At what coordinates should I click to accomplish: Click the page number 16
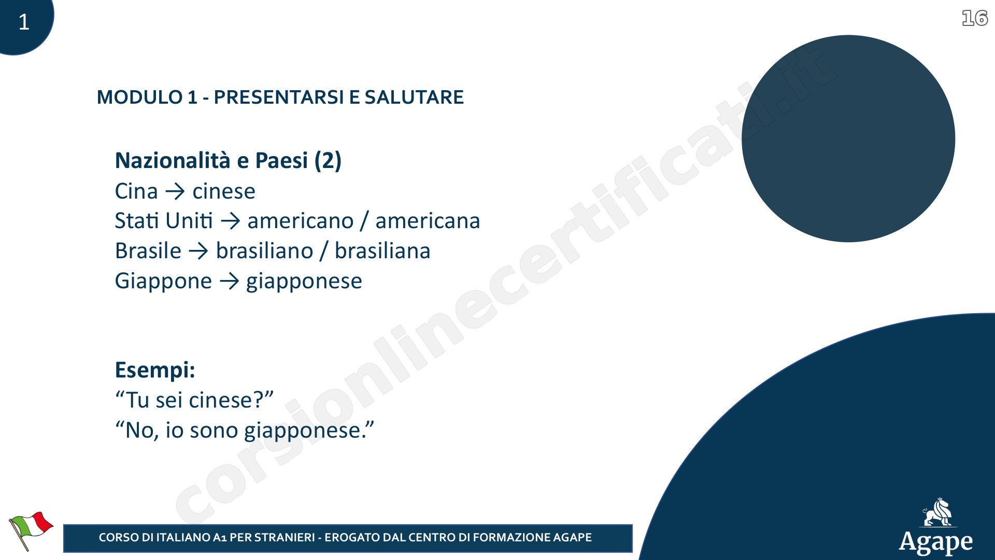[x=975, y=18]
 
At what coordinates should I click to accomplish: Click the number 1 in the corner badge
[x=24, y=22]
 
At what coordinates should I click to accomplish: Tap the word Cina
[x=136, y=191]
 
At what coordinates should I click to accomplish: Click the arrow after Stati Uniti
[x=230, y=221]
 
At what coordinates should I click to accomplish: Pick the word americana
[x=428, y=221]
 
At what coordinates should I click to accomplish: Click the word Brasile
[x=148, y=250]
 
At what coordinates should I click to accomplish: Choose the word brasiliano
[x=264, y=251]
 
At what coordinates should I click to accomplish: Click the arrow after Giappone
[x=229, y=282]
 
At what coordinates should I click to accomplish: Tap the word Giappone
[x=163, y=282]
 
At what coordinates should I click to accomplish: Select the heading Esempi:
[x=155, y=370]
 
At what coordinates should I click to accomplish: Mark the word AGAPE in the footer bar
[x=572, y=538]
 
